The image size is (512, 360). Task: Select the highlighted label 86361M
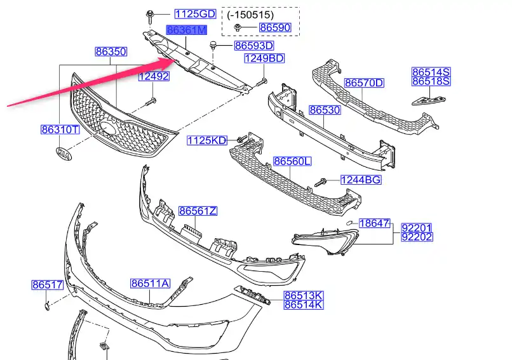point(187,30)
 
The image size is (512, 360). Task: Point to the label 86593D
point(254,46)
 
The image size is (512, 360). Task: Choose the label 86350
point(111,51)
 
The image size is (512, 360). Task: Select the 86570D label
point(365,83)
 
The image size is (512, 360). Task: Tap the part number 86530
point(325,110)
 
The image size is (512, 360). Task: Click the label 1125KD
point(207,140)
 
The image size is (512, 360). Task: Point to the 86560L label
point(293,162)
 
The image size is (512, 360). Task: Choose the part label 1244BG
point(361,180)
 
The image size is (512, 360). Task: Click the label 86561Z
point(198,211)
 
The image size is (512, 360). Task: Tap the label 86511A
point(151,284)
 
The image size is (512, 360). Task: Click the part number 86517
point(48,286)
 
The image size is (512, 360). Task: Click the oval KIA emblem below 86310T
point(64,154)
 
